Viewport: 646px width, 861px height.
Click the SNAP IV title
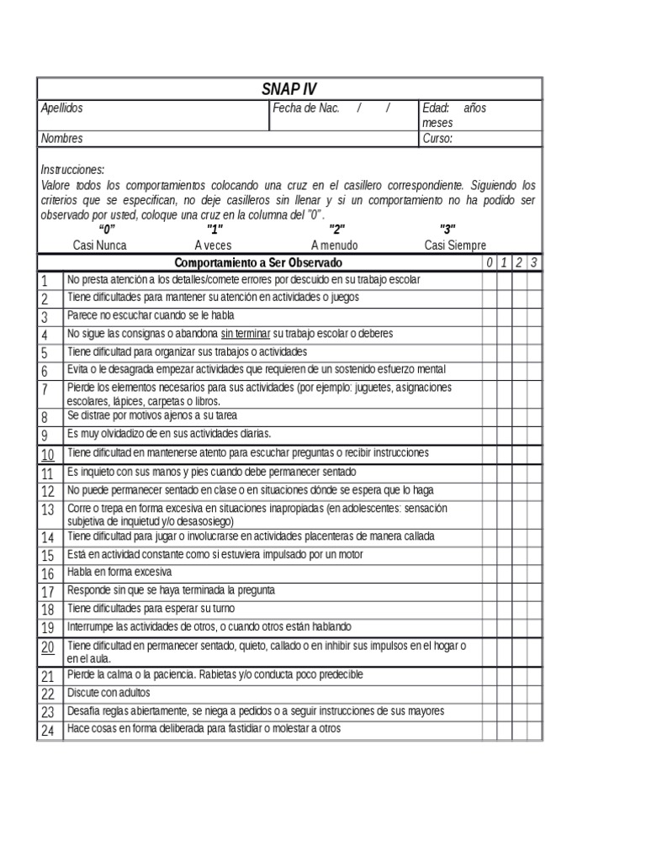point(289,89)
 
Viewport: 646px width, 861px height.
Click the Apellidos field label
point(62,108)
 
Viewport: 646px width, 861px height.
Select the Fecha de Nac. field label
point(305,108)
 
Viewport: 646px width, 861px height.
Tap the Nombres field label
point(62,138)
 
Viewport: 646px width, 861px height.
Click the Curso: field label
point(437,138)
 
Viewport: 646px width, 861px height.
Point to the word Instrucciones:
point(72,169)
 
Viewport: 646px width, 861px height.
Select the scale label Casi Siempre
point(455,246)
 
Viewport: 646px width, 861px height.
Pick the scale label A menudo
point(334,246)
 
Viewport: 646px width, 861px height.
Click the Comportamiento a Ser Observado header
point(258,263)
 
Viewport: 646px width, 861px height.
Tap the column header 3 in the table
point(534,263)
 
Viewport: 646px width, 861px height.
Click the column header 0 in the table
point(489,263)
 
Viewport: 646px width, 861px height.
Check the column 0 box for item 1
point(489,280)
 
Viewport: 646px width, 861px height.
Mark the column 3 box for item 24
point(534,731)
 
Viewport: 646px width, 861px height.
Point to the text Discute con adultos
point(109,694)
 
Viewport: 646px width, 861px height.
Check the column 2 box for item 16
point(519,573)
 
